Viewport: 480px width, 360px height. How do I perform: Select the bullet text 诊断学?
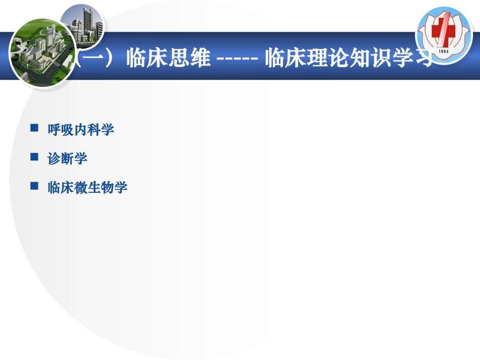[x=67, y=159]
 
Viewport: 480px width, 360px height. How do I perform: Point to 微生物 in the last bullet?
[x=94, y=188]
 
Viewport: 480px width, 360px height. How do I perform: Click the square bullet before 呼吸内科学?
[x=35, y=128]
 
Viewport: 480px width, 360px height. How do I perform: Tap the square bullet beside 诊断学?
[x=35, y=157]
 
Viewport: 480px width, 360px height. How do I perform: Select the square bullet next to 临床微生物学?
[x=35, y=186]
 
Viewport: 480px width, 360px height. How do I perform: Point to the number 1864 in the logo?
[x=444, y=51]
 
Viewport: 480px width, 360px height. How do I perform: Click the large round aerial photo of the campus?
[x=41, y=53]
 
